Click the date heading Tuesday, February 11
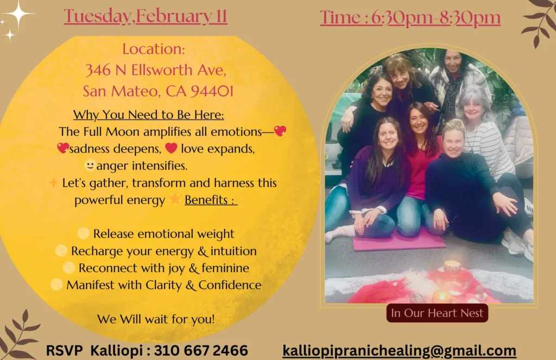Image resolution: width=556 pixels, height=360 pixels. (x=146, y=16)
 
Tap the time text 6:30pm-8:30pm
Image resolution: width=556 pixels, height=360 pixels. (x=436, y=17)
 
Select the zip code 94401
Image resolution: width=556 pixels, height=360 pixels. (x=212, y=91)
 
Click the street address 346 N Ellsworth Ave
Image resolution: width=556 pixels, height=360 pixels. (x=156, y=70)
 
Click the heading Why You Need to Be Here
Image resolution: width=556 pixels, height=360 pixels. (x=149, y=115)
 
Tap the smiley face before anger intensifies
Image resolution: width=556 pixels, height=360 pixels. (x=90, y=165)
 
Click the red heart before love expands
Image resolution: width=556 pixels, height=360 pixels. (x=171, y=148)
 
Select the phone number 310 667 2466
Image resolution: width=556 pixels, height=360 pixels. (x=201, y=350)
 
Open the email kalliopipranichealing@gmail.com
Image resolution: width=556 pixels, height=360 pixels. (x=399, y=350)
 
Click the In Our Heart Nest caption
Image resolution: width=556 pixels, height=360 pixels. (x=437, y=313)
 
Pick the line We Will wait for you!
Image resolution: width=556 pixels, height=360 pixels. (x=156, y=319)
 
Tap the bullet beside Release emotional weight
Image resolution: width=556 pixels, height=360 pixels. (x=83, y=233)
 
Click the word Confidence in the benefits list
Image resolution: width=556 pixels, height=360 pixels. (x=230, y=285)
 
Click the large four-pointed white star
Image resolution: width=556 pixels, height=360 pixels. (x=18, y=14)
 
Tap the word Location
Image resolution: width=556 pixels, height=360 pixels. (x=154, y=49)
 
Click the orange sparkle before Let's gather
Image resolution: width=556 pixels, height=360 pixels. (x=53, y=182)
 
